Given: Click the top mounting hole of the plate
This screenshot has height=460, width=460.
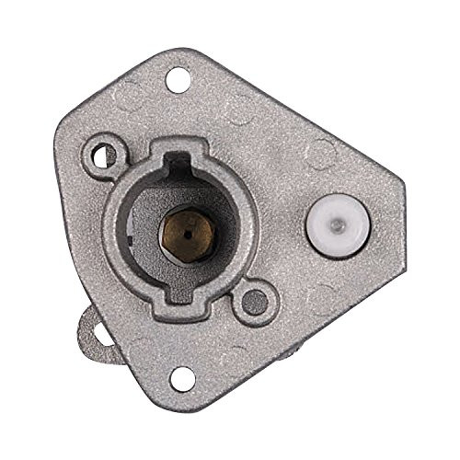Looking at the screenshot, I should point(178,81).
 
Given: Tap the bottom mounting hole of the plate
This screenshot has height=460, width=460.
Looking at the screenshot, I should point(182,376).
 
